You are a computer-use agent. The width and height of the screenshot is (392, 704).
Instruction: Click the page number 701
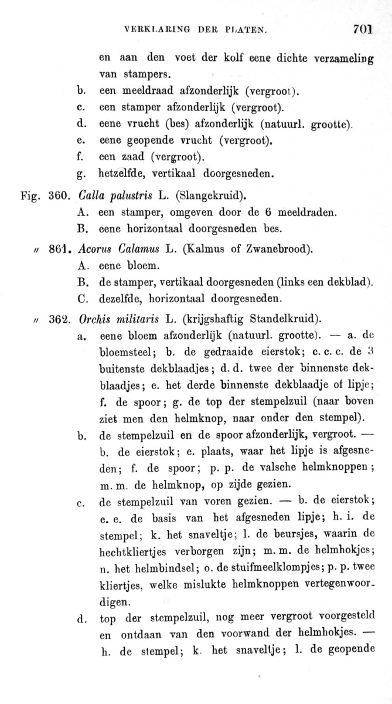[363, 29]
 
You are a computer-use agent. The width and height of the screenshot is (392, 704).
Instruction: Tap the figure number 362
[59, 320]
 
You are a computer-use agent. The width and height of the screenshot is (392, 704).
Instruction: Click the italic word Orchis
[94, 320]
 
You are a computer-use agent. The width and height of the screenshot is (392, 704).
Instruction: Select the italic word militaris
[134, 320]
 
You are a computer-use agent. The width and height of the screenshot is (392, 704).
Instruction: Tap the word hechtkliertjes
[138, 551]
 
